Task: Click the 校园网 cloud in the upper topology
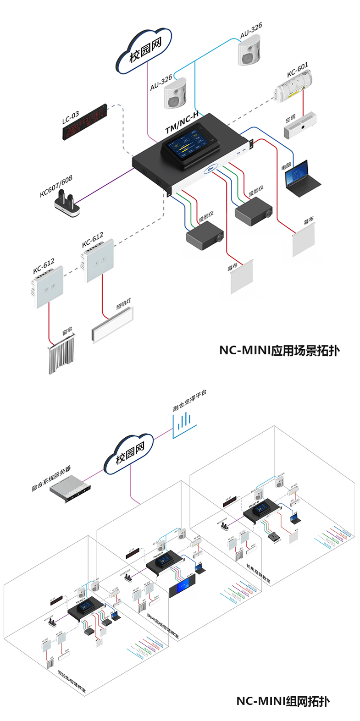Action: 145,51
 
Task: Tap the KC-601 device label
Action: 298,70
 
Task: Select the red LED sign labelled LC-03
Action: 85,122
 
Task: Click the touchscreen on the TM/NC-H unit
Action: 187,144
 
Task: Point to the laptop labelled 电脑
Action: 301,179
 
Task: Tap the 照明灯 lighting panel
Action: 112,325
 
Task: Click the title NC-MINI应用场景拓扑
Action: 279,351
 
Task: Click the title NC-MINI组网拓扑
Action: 282,701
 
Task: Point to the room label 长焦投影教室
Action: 258,573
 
